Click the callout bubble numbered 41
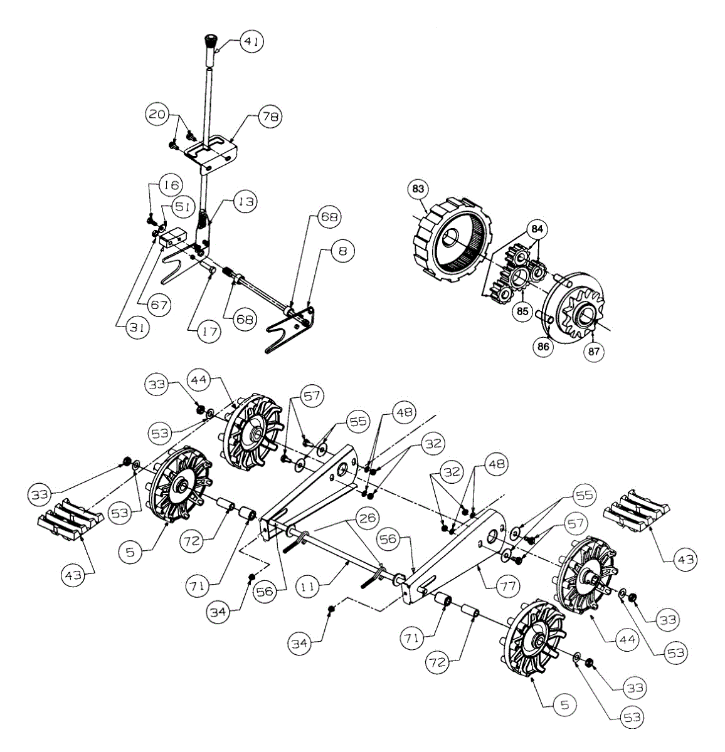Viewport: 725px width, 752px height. [251, 42]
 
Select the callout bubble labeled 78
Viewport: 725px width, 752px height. [271, 117]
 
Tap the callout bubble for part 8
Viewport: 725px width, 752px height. [342, 251]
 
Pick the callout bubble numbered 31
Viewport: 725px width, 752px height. [132, 327]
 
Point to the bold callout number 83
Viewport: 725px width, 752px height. [418, 188]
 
